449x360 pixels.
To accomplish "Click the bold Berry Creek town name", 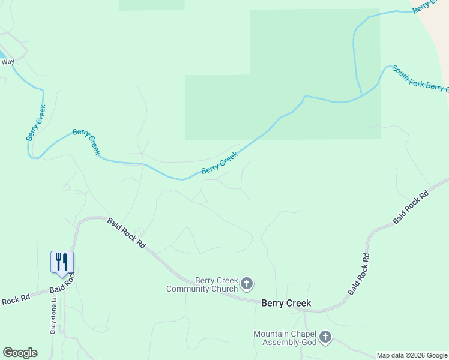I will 286,303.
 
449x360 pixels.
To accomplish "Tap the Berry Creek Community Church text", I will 202,284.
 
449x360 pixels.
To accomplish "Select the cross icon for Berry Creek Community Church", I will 246,283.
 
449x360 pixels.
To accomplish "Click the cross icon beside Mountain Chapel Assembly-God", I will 325,337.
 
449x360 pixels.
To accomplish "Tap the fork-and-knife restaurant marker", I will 62,263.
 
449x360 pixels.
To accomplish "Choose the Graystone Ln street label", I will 53,317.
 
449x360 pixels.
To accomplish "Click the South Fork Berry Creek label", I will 420,79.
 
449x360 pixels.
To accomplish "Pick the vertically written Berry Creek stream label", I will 36,123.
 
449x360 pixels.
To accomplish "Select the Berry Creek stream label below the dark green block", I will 219,163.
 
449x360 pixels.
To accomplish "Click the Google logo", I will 20,353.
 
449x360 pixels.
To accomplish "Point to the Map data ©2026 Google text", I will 412,356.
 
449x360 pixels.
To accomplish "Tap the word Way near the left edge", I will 8,62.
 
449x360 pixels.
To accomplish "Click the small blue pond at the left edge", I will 2,54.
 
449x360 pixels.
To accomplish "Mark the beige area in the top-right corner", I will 436,24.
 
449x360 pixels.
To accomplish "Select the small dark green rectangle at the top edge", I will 152,5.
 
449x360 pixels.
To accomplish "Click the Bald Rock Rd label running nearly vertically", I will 358,274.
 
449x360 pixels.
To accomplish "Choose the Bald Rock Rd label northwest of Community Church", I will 127,233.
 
